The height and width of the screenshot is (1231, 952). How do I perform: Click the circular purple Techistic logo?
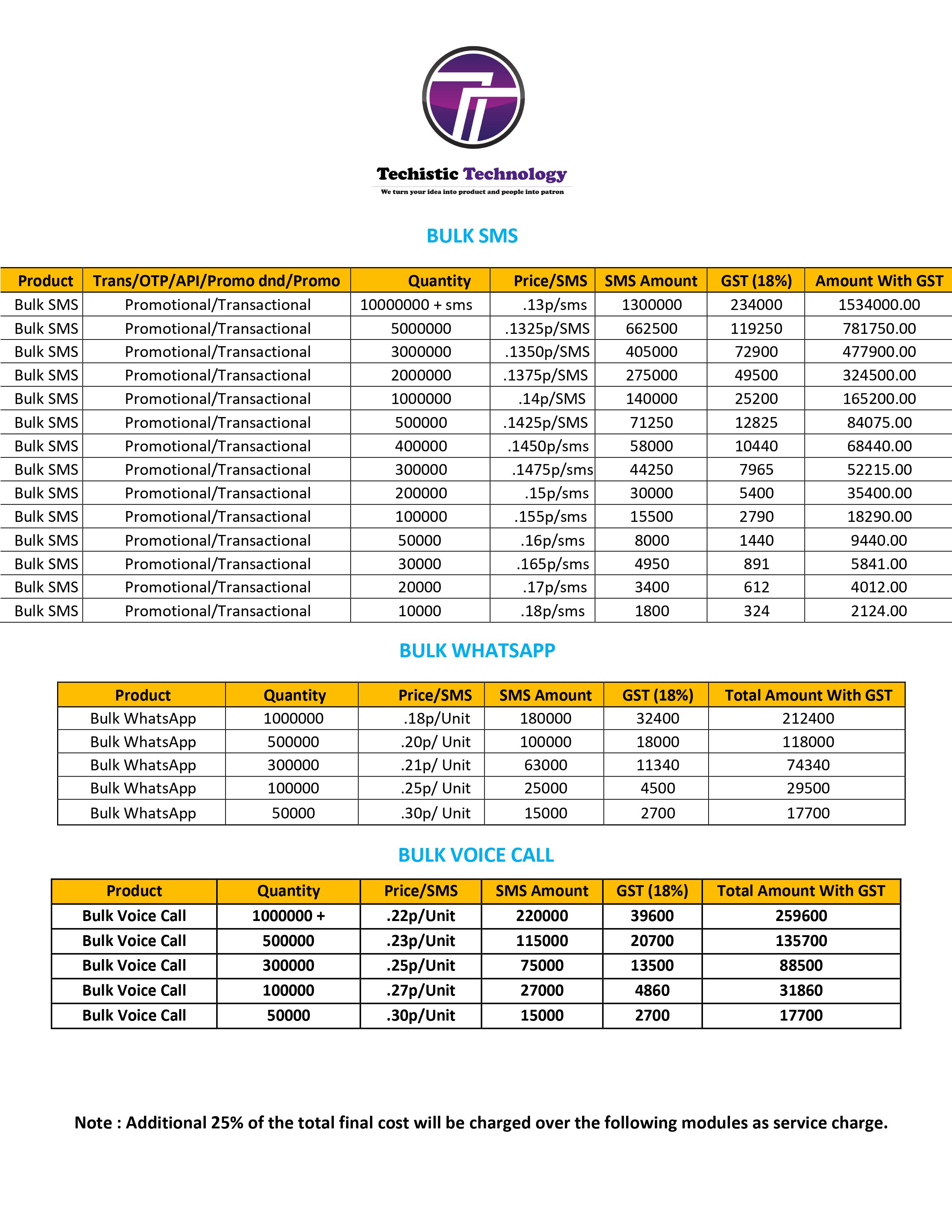(473, 97)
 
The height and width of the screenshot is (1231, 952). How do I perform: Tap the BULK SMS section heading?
(472, 236)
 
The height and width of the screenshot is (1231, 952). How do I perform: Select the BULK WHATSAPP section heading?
(477, 651)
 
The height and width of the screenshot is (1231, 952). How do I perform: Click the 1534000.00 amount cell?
(879, 305)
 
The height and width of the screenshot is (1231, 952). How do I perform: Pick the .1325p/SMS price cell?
(547, 329)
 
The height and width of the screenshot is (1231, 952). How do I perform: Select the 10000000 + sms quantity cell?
(416, 305)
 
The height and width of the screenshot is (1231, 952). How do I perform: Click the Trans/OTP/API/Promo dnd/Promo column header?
(216, 281)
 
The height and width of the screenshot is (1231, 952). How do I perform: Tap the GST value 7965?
(756, 470)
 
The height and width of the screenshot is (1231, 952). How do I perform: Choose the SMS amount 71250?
(651, 423)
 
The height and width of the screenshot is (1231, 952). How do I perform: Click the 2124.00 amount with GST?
(879, 611)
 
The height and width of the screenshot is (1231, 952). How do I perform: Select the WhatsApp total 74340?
(808, 765)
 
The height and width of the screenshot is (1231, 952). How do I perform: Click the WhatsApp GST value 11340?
(657, 765)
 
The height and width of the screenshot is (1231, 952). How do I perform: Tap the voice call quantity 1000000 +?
(288, 916)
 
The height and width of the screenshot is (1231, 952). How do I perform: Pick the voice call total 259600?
(801, 916)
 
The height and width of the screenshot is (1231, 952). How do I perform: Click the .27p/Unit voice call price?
(421, 990)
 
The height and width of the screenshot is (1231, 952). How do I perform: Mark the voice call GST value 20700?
(652, 941)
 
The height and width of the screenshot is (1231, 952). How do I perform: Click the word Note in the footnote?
(93, 1123)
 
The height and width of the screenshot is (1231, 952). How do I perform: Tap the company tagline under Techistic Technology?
(472, 192)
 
